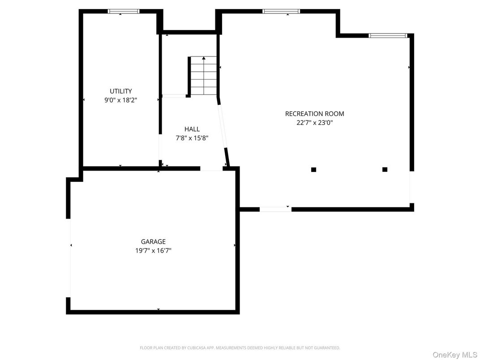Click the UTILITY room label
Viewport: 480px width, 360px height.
pyautogui.click(x=121, y=91)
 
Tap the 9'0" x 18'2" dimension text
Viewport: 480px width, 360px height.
pyautogui.click(x=121, y=100)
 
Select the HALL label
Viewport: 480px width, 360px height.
pyautogui.click(x=192, y=129)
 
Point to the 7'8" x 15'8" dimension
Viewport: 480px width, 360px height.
pyautogui.click(x=192, y=138)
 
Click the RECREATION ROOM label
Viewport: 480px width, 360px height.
pyautogui.click(x=315, y=114)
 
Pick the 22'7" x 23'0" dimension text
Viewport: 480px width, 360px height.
pyautogui.click(x=315, y=122)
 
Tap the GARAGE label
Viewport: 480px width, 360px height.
pyautogui.click(x=153, y=242)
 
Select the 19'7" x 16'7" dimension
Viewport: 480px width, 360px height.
pyautogui.click(x=153, y=251)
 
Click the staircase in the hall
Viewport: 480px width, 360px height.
pyautogui.click(x=204, y=76)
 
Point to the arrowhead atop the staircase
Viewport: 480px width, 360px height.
pyautogui.click(x=204, y=58)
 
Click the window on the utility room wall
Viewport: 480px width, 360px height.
pyautogui.click(x=124, y=11)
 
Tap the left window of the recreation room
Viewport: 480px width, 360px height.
pyautogui.click(x=281, y=11)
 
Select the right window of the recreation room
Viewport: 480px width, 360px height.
pyautogui.click(x=388, y=35)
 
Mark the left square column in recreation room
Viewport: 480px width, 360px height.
pyautogui.click(x=313, y=169)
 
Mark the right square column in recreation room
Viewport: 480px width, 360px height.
pyautogui.click(x=385, y=169)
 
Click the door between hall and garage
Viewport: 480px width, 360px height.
pyautogui.click(x=211, y=169)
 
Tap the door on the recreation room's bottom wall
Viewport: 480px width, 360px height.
pyautogui.click(x=275, y=209)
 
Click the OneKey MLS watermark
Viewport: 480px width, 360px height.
pyautogui.click(x=455, y=355)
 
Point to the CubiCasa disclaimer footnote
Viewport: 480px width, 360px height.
pyautogui.click(x=240, y=348)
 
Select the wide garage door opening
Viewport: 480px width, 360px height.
pyautogui.click(x=69, y=258)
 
